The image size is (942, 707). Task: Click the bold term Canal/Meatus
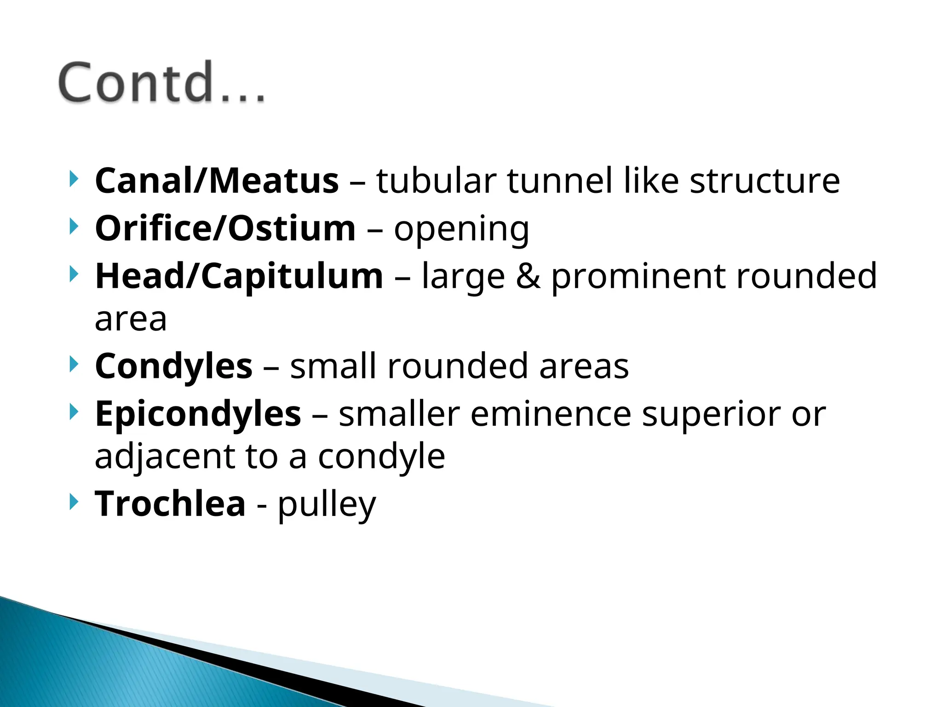click(217, 180)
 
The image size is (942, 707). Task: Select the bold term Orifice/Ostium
click(225, 228)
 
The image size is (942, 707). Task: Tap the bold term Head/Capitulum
click(239, 276)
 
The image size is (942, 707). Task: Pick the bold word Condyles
click(173, 366)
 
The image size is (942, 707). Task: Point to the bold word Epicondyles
click(198, 414)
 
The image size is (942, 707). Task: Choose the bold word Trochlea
click(170, 504)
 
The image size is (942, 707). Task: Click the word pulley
click(327, 505)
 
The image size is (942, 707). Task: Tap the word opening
click(461, 229)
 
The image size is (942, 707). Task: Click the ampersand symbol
click(528, 276)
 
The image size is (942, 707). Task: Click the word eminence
click(551, 414)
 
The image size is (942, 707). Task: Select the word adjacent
click(164, 457)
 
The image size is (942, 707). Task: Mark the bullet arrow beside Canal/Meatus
click(73, 179)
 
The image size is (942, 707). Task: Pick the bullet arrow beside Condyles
click(73, 364)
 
